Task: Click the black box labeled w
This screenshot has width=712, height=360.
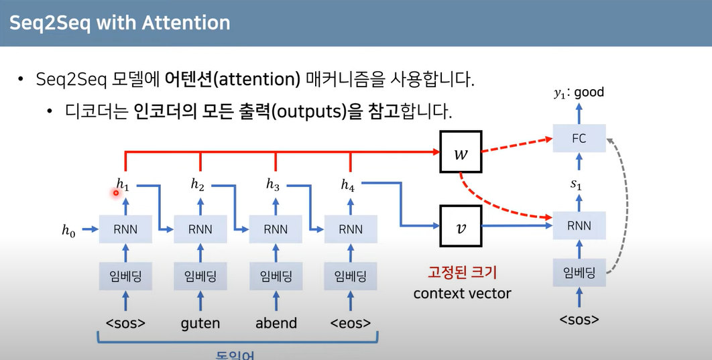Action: point(459,154)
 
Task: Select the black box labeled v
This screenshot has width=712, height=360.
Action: point(459,226)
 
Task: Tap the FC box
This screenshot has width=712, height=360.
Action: point(579,139)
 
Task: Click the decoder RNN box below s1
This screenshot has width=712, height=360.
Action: point(579,226)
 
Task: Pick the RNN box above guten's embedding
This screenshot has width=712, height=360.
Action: point(200,229)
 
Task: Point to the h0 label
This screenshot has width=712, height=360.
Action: point(69,231)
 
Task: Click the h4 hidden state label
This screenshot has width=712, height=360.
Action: point(347,185)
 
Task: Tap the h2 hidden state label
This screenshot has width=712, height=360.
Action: point(197,185)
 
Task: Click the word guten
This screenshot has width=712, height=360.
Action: point(200,323)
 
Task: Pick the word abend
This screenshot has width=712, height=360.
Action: point(276,323)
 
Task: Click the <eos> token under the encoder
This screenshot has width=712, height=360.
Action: point(350,323)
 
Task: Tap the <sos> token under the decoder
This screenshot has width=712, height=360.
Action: point(579,318)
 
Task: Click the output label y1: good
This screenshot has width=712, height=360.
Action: point(579,93)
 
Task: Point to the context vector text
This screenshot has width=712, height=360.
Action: point(462,293)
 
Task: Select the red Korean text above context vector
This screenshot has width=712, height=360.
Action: point(462,273)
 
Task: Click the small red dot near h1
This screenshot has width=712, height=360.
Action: point(115,193)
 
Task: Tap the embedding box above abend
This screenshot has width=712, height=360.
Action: point(276,276)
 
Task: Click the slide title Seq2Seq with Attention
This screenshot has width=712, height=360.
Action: point(120,23)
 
